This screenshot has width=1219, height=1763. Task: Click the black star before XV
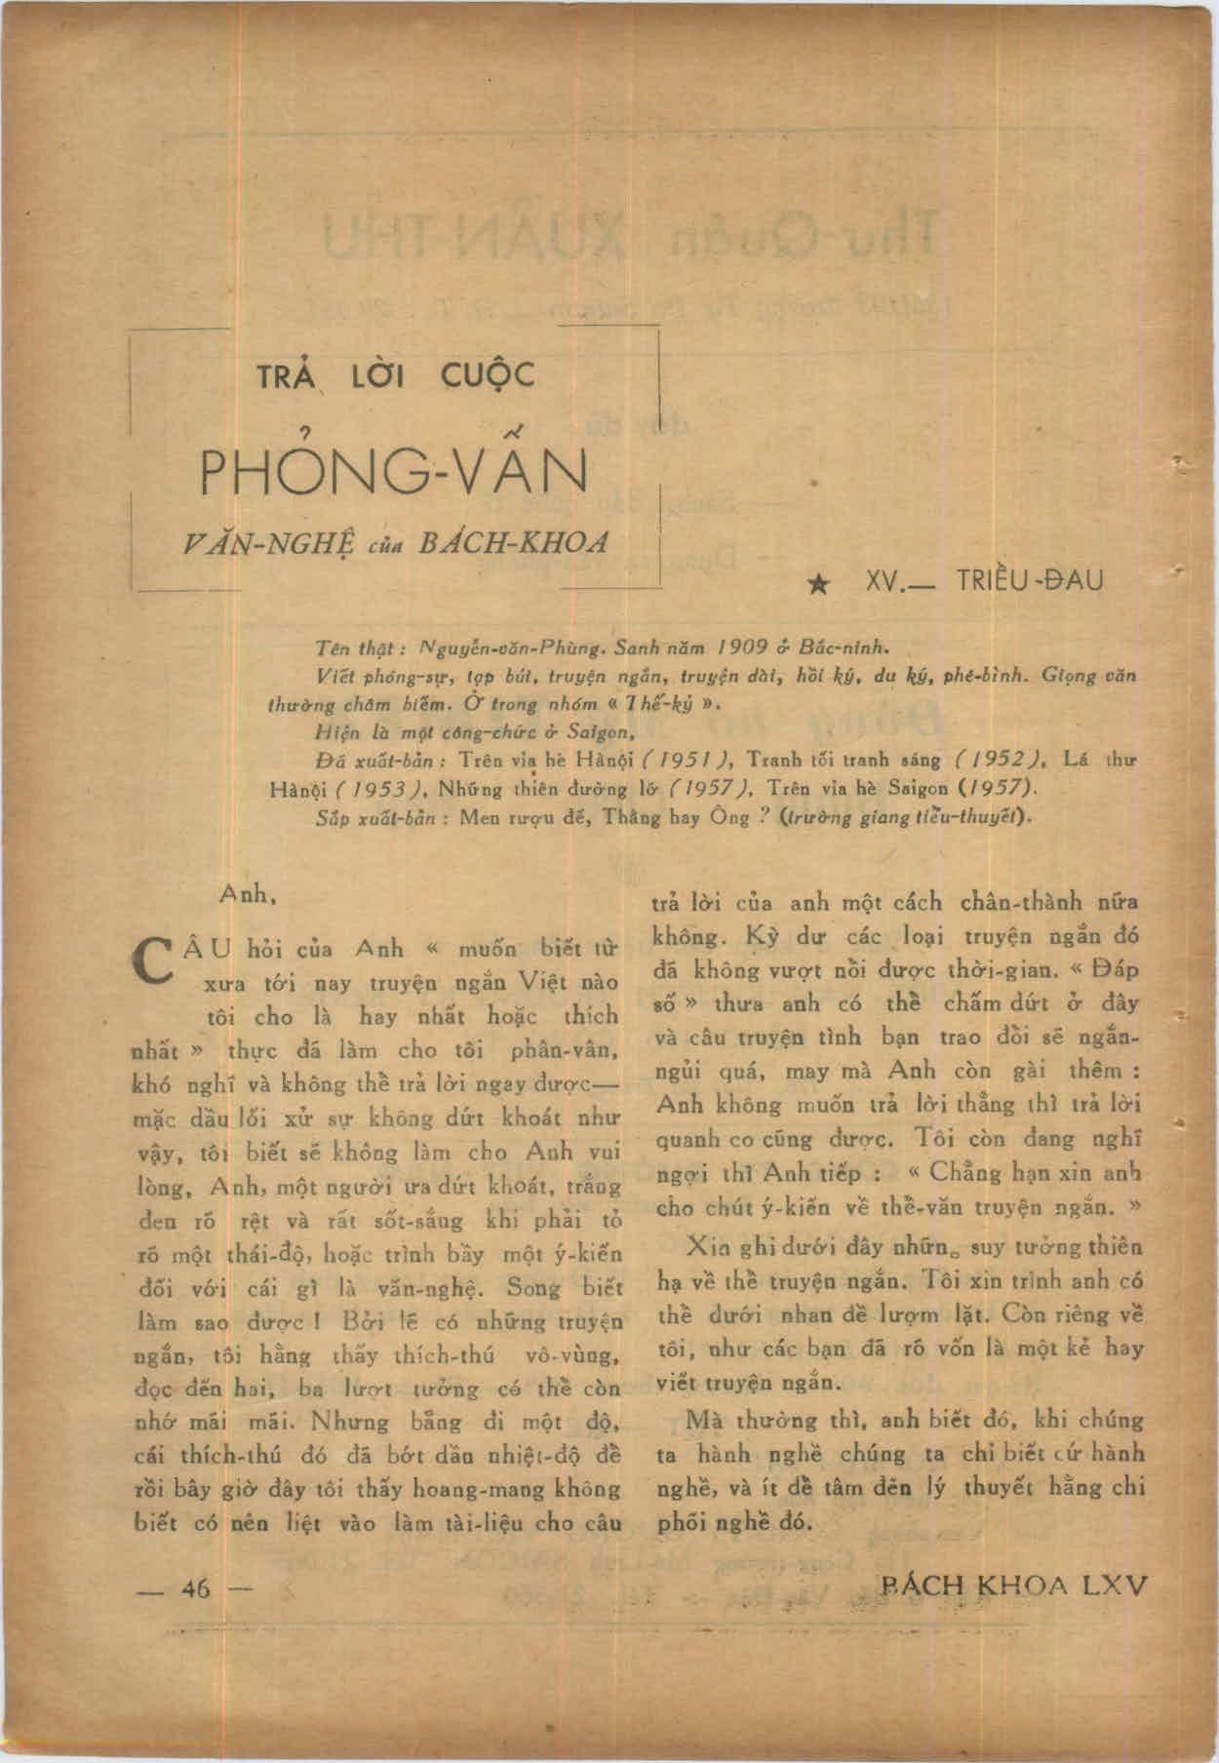[821, 584]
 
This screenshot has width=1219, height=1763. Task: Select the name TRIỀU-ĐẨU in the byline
[1030, 581]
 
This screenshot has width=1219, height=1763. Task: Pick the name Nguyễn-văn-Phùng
[500, 645]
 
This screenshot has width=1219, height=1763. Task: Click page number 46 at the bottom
[196, 1587]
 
